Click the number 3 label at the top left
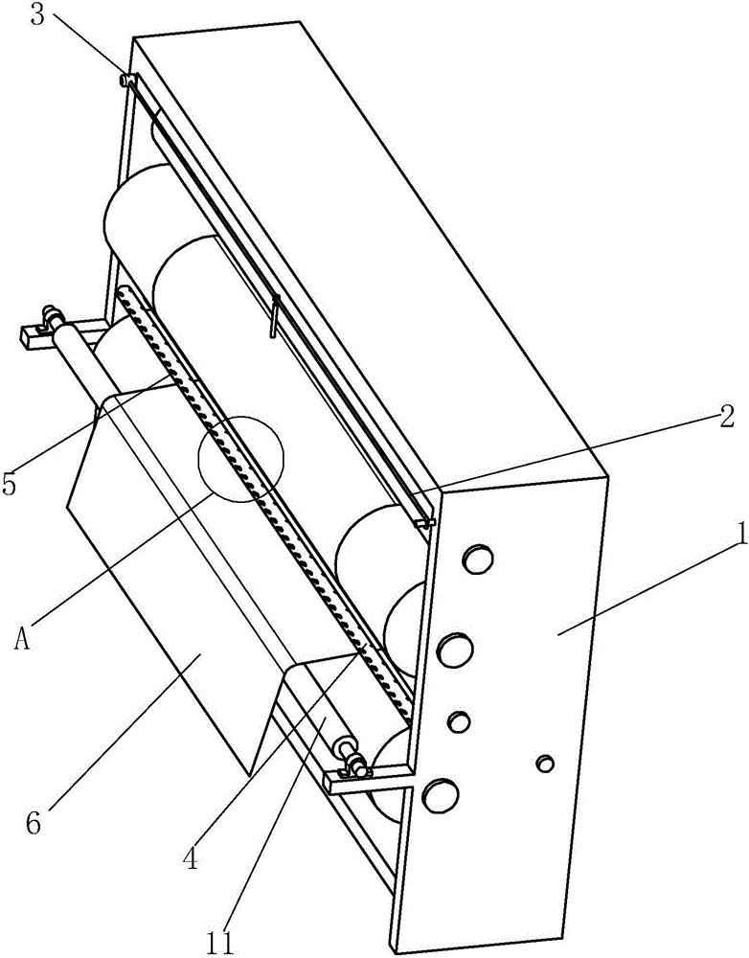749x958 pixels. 38,15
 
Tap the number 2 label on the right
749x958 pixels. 725,418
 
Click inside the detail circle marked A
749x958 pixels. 240,459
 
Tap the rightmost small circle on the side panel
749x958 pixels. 545,764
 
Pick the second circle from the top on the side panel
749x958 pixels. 455,650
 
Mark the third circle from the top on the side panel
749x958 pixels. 458,721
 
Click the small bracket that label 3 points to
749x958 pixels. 129,80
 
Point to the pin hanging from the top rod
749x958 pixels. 274,316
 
